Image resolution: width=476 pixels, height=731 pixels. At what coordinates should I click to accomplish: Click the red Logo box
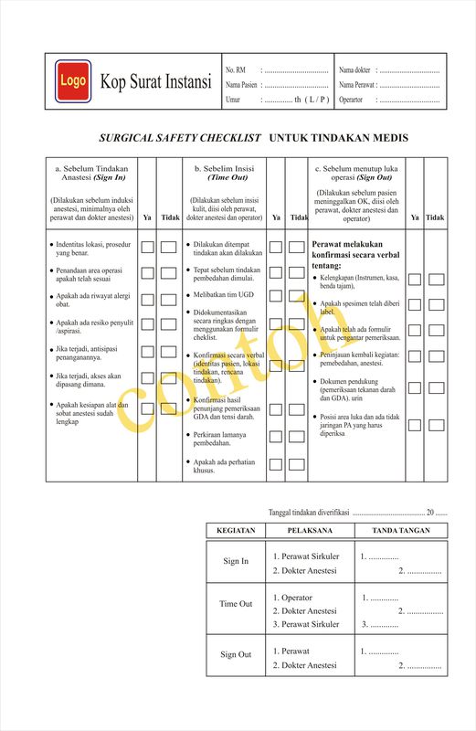(72, 80)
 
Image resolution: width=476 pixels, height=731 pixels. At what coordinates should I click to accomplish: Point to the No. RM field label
(235, 70)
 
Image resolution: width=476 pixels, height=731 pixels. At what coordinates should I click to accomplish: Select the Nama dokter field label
(354, 70)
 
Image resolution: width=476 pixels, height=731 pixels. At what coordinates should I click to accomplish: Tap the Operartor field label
(351, 100)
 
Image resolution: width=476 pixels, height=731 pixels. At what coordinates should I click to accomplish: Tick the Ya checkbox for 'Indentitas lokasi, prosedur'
(147, 247)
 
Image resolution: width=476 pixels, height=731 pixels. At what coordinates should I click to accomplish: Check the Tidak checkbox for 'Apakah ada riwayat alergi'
(169, 298)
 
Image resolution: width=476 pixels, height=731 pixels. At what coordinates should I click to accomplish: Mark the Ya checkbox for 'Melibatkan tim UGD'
(275, 298)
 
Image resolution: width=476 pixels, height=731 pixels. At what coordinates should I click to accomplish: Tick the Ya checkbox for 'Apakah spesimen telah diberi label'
(415, 305)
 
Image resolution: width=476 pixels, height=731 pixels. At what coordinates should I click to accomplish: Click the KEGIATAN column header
(235, 530)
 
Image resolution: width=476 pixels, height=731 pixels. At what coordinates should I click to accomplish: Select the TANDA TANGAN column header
(401, 530)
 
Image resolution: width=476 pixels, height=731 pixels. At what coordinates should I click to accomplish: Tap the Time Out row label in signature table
(236, 604)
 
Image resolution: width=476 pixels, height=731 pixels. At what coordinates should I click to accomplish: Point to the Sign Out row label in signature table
(236, 654)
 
